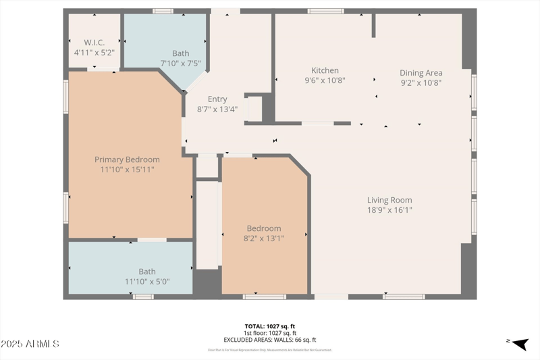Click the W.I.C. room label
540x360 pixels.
(x=94, y=42)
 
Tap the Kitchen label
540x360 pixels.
(x=325, y=70)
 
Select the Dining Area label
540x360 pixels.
(x=421, y=73)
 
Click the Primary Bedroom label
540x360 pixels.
(x=127, y=159)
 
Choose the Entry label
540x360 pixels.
(x=217, y=99)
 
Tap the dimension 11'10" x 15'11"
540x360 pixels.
(x=127, y=170)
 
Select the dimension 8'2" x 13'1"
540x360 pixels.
(x=263, y=238)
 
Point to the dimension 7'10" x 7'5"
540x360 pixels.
(x=180, y=63)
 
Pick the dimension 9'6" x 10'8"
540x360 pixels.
(x=325, y=80)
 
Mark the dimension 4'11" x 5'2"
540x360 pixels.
(x=94, y=51)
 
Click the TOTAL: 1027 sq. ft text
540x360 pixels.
(x=269, y=326)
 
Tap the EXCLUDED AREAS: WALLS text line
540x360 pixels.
(x=269, y=340)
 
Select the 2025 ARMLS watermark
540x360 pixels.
(x=30, y=344)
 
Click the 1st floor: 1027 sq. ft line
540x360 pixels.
(x=269, y=333)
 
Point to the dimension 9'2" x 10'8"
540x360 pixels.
(x=421, y=83)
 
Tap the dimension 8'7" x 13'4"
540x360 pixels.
(x=217, y=109)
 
